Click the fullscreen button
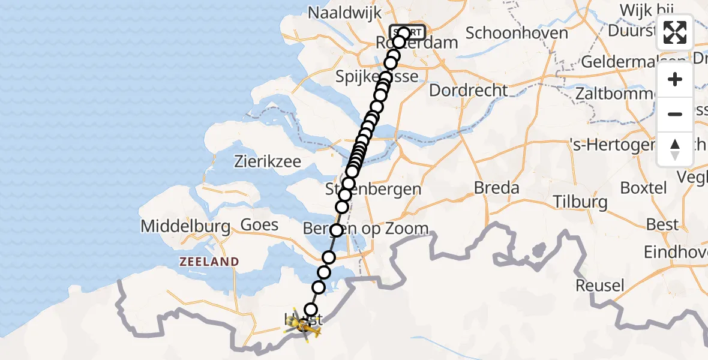(675, 32)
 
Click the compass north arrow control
(675, 149)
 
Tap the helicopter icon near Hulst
(302, 326)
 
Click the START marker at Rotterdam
(408, 32)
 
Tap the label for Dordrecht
(468, 91)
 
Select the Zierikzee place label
(268, 161)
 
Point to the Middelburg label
(185, 226)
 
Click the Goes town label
(259, 225)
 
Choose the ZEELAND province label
(208, 262)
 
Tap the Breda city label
(496, 188)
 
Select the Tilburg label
(580, 202)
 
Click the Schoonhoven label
(517, 33)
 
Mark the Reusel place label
(600, 285)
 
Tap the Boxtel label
(643, 188)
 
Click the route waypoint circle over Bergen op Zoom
(336, 230)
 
